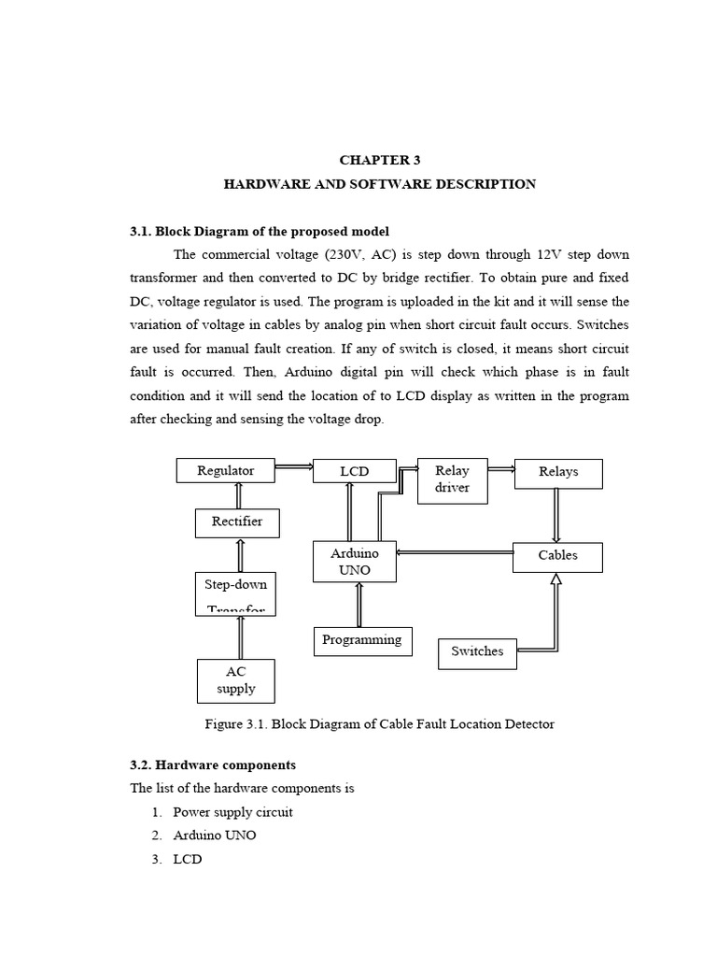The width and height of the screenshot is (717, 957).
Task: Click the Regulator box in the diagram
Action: pos(226,470)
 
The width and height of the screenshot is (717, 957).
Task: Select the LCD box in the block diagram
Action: pos(355,471)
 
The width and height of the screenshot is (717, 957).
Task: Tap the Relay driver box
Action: pos(452,480)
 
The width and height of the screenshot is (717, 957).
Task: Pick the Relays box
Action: pos(558,473)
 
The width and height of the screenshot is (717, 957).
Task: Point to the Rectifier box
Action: pos(236,522)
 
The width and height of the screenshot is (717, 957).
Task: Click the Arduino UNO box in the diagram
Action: pos(355,562)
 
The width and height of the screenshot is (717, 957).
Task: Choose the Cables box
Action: pos(557,557)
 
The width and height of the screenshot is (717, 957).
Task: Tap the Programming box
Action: pos(361,641)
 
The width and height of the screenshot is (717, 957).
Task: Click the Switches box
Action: pos(477,652)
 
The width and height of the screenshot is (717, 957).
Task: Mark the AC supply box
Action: pos(236,681)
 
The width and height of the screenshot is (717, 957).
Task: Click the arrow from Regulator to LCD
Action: pos(294,467)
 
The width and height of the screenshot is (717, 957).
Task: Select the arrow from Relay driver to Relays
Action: pos(500,469)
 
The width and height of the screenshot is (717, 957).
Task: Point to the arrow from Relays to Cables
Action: pos(557,515)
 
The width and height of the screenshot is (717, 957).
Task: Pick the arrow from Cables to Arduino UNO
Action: pos(455,552)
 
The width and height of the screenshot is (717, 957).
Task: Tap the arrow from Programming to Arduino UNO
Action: pos(359,604)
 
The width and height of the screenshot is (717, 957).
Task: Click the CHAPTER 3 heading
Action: pos(379,161)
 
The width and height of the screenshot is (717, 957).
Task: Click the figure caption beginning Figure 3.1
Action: pos(379,724)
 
